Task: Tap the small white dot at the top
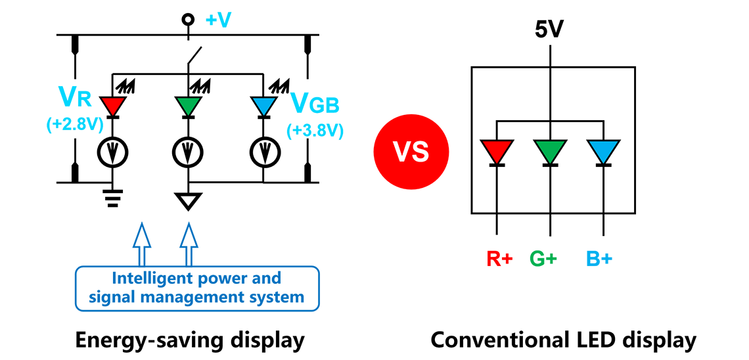pyautogui.click(x=189, y=20)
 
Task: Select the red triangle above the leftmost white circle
pyautogui.click(x=113, y=105)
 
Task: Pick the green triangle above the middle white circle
pyautogui.click(x=189, y=105)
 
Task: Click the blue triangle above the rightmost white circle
pyautogui.click(x=264, y=105)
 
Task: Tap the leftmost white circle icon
pyautogui.click(x=113, y=153)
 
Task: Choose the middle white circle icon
pyautogui.click(x=189, y=153)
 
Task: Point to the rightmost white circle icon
pyautogui.click(x=264, y=153)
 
